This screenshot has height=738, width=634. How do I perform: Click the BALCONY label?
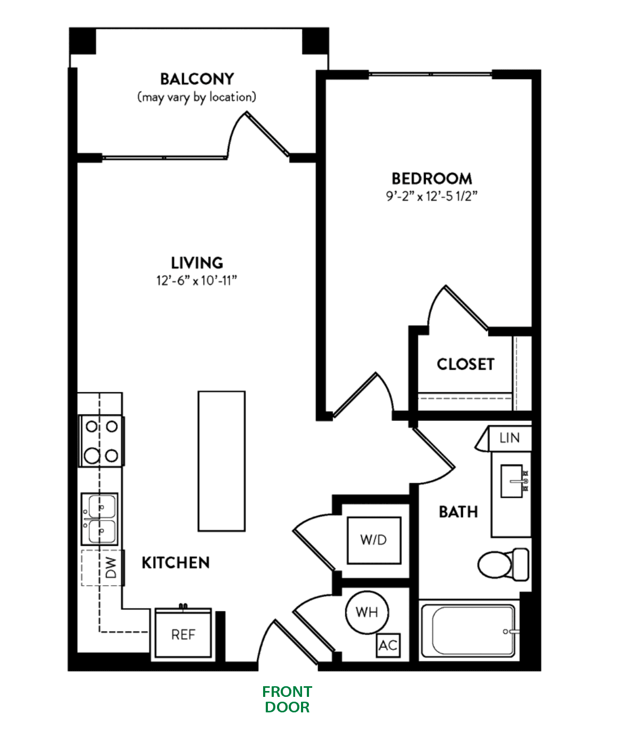pos(197,79)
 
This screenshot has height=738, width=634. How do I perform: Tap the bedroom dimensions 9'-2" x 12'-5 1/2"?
pos(431,196)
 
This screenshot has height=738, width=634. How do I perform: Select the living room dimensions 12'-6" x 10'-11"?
pos(196,280)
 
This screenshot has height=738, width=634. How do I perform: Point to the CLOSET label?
pos(465,364)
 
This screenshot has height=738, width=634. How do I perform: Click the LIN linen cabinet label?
pos(509,438)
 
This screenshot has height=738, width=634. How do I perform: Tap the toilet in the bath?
pos(502,564)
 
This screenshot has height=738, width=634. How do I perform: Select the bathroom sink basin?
pos(511,481)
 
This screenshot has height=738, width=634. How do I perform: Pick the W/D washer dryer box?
pos(374,540)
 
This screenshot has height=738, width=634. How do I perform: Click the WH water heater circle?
pos(367,612)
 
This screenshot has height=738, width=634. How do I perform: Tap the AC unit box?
pos(388,645)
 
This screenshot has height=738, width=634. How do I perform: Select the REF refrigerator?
pos(183,634)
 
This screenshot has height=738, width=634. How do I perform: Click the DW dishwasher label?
pos(110,568)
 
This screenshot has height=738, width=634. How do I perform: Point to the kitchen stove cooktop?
pos(101,441)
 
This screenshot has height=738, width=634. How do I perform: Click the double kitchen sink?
pos(100,519)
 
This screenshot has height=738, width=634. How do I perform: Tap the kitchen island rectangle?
pos(221,461)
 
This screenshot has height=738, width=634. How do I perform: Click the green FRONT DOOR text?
pos(287,699)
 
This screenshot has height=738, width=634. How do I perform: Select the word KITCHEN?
pos(176,562)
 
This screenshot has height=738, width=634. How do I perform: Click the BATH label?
pos(458,512)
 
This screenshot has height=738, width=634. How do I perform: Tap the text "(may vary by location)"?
pos(197,97)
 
